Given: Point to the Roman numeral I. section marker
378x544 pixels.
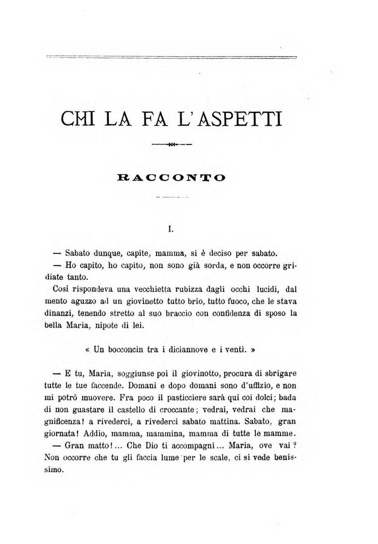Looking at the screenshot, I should [x=171, y=228].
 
